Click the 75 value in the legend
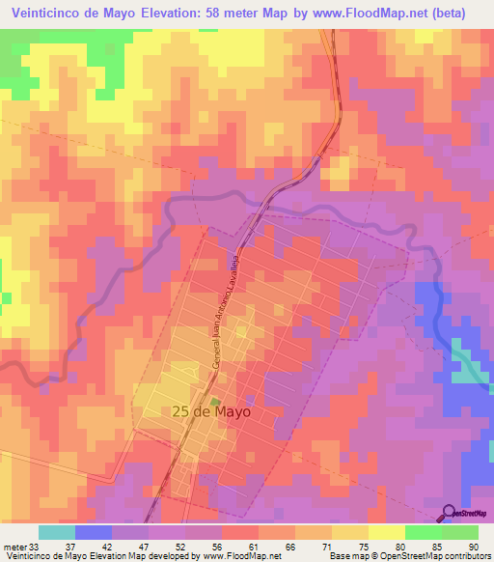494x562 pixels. [349, 546]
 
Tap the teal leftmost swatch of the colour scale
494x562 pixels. [57, 532]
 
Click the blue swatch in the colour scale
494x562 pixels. [94, 532]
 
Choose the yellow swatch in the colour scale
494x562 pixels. [386, 532]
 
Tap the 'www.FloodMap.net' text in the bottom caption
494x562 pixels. [240, 556]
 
